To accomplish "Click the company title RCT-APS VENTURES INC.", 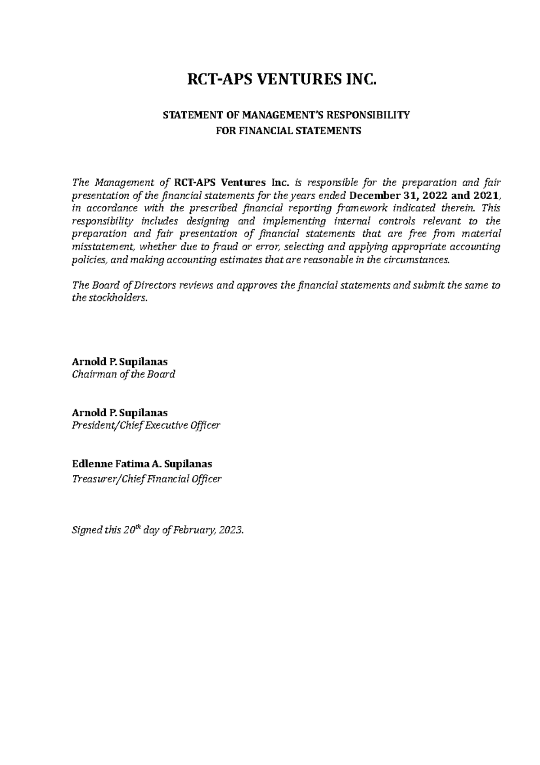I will (x=281, y=80).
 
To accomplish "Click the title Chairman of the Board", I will (x=123, y=374).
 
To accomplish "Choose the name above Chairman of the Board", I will (x=120, y=361).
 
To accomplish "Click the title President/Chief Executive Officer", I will (x=146, y=425).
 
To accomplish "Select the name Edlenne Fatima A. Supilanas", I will (x=142, y=464).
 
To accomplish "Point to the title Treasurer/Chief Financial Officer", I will (x=147, y=479).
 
